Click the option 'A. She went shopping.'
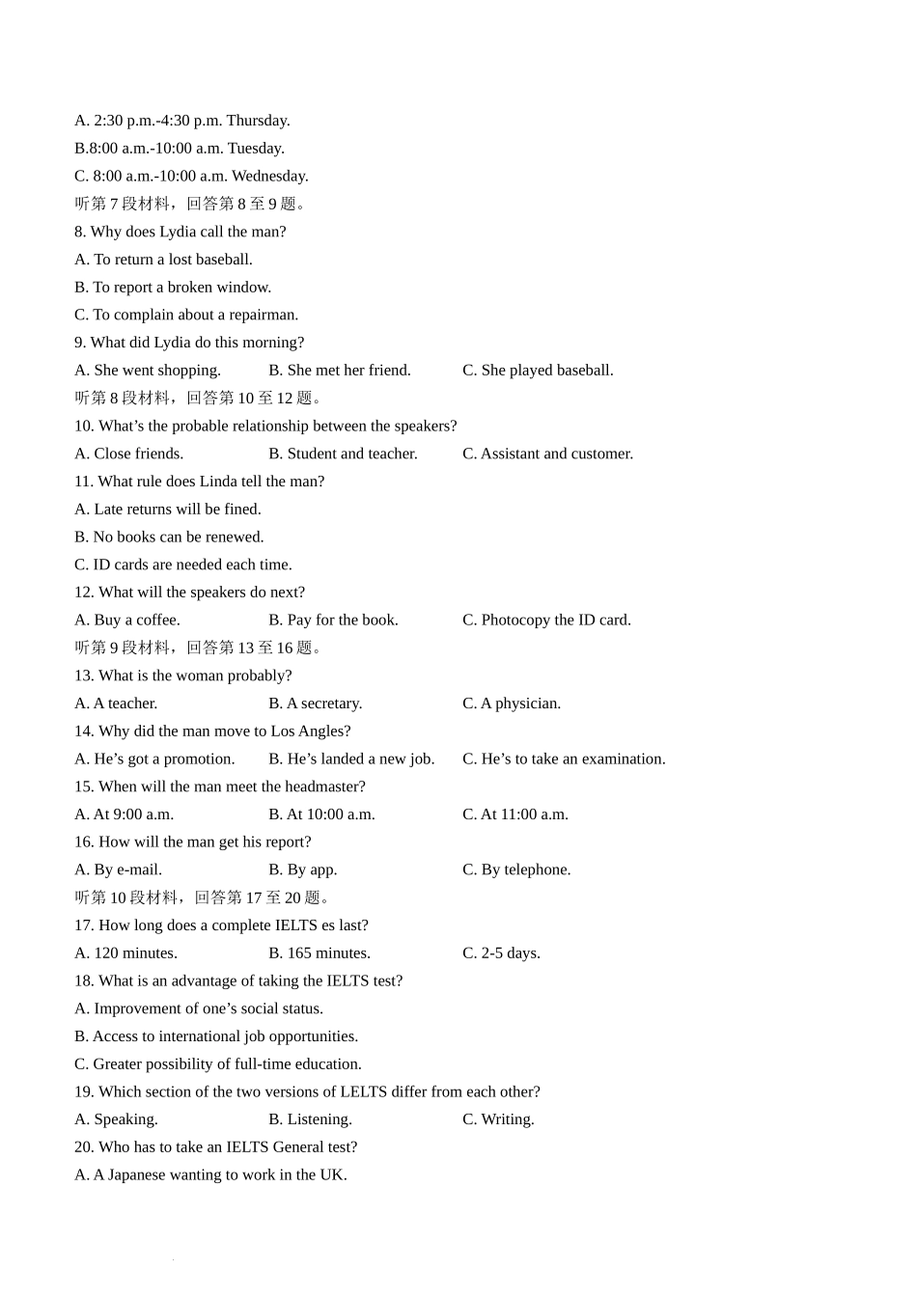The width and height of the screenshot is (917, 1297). point(148,371)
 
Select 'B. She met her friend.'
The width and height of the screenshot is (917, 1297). point(340,371)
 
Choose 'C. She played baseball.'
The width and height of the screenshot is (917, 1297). point(538,371)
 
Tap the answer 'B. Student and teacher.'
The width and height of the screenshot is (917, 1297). point(343,454)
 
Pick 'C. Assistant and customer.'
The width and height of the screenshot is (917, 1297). point(547,454)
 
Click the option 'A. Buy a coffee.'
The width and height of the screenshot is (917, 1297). point(127,620)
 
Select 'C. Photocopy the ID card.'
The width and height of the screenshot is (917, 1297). point(546,620)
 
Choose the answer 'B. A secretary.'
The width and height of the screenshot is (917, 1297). point(316,704)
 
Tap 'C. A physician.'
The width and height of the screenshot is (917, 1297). point(512,704)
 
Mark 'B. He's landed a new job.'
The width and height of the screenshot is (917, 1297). point(351,759)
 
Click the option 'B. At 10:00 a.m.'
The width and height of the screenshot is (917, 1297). point(321,814)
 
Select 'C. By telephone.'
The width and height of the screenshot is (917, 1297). point(516,869)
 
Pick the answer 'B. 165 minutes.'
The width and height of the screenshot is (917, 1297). point(320,953)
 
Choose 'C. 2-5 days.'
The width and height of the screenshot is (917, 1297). point(501,953)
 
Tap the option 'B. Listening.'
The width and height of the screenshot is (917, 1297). point(310,1119)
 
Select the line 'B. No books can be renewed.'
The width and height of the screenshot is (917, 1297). point(169,537)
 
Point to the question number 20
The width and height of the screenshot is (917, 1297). point(84,1147)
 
